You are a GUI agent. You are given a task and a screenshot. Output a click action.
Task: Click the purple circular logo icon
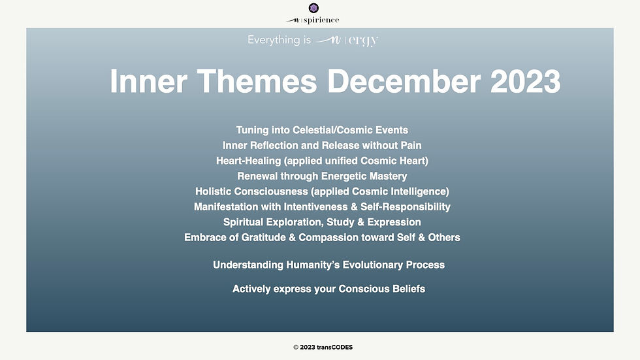click(313, 8)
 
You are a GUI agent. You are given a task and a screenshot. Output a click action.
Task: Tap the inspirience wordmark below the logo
click(313, 20)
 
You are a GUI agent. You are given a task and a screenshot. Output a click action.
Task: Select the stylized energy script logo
click(347, 41)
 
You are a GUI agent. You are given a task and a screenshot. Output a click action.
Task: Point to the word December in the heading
click(404, 81)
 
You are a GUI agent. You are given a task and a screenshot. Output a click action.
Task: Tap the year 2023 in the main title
click(525, 81)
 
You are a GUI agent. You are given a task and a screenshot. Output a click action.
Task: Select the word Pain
click(411, 145)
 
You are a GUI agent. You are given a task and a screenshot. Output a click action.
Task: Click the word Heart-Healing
click(249, 161)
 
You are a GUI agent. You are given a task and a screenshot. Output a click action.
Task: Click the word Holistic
click(210, 191)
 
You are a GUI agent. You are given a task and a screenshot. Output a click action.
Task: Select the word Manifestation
click(226, 207)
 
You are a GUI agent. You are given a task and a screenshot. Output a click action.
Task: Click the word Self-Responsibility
click(406, 207)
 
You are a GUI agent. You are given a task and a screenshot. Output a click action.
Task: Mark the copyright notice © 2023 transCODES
click(323, 348)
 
